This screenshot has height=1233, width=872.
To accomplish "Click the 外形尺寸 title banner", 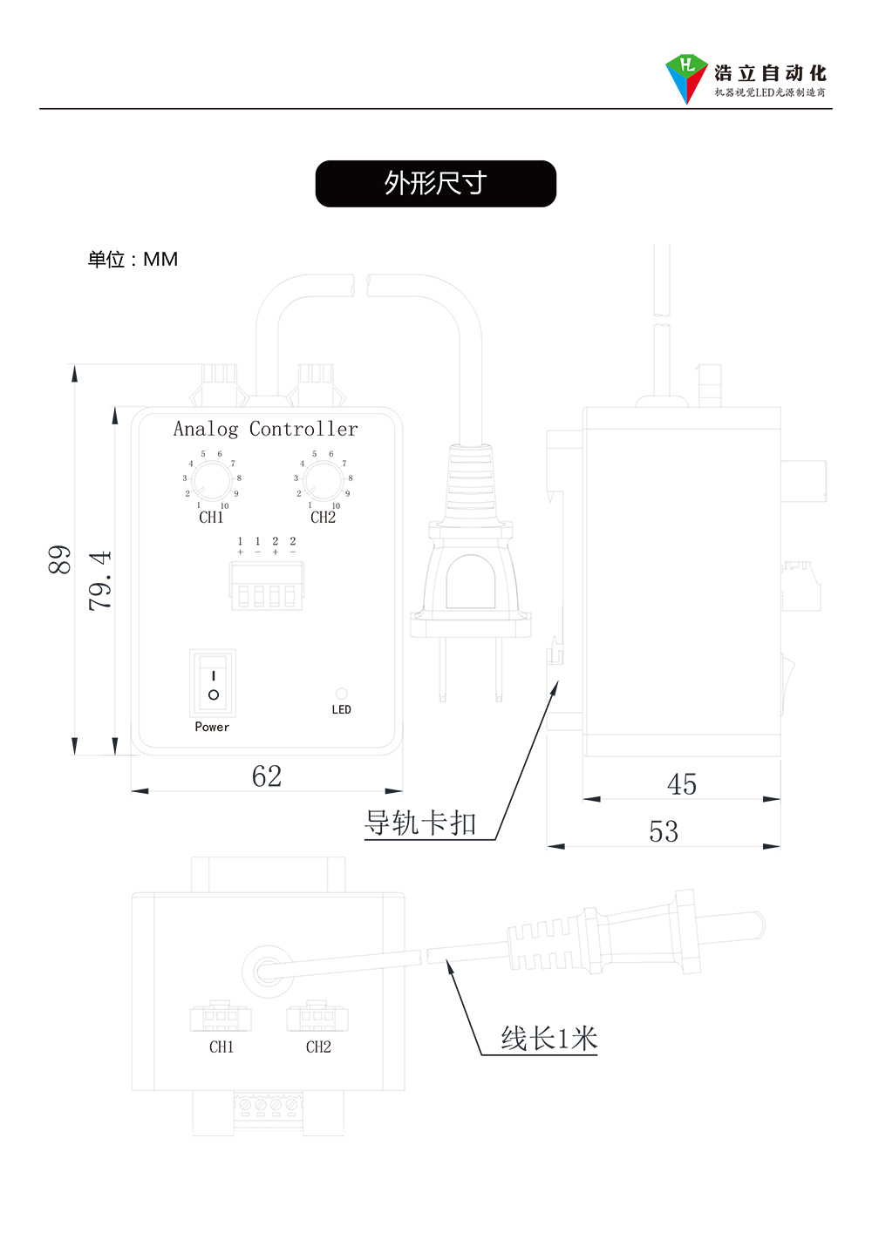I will (435, 183).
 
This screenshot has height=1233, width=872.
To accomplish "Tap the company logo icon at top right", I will (685, 77).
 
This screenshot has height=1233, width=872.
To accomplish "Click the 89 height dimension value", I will (59, 559).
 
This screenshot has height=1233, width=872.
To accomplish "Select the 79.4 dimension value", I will (100, 579).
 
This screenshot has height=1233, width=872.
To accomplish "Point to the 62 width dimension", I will (267, 776).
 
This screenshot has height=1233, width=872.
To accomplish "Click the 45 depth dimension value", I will (682, 784).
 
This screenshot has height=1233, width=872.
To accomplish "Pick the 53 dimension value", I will (664, 831).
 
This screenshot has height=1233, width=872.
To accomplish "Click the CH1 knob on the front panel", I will (211, 480).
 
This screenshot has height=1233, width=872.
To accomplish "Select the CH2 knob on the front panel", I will (323, 480).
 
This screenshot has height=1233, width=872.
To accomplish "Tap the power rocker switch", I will (213, 684).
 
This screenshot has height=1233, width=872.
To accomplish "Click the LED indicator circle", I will (341, 694).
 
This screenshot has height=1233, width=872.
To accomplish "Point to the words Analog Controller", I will (265, 429).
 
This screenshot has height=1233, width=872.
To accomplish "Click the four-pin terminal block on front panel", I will (267, 586).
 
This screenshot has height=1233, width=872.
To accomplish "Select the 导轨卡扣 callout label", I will (420, 823).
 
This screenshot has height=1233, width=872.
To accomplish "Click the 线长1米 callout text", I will (549, 1039).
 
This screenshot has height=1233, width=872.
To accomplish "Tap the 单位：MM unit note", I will (133, 260).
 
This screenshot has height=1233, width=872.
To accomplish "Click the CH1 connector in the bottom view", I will (221, 1017).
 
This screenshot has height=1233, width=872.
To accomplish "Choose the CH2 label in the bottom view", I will (318, 1047).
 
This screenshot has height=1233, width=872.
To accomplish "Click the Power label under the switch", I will (212, 727).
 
